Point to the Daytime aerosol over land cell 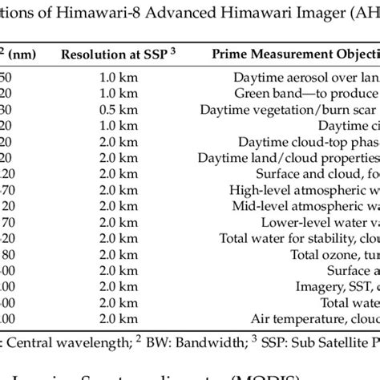305,79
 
